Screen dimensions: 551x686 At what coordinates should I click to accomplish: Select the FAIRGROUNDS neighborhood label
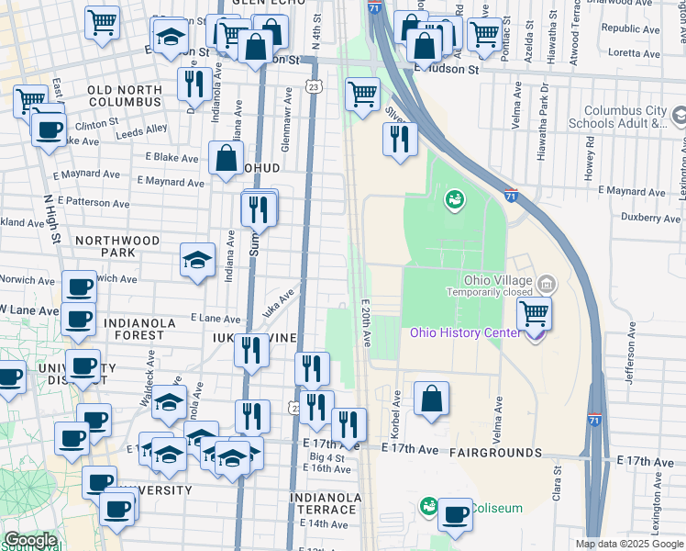(x=495, y=453)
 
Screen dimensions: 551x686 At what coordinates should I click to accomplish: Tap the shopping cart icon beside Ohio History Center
(x=533, y=313)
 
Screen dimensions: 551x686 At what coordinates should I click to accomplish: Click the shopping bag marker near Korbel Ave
(x=430, y=399)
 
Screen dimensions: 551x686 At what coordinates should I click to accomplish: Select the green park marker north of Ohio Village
(x=454, y=199)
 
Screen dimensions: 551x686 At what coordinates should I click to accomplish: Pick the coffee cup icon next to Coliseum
(x=455, y=514)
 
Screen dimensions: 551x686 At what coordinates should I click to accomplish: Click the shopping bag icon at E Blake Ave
(x=226, y=158)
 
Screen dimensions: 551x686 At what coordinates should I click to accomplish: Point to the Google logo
(x=30, y=541)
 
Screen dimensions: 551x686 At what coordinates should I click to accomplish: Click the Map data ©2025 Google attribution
(x=629, y=544)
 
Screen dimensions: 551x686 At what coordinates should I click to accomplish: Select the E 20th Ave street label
(x=365, y=322)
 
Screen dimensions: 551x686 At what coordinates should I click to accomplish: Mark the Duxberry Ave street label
(x=650, y=219)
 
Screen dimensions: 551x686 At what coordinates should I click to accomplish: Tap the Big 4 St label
(x=326, y=456)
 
